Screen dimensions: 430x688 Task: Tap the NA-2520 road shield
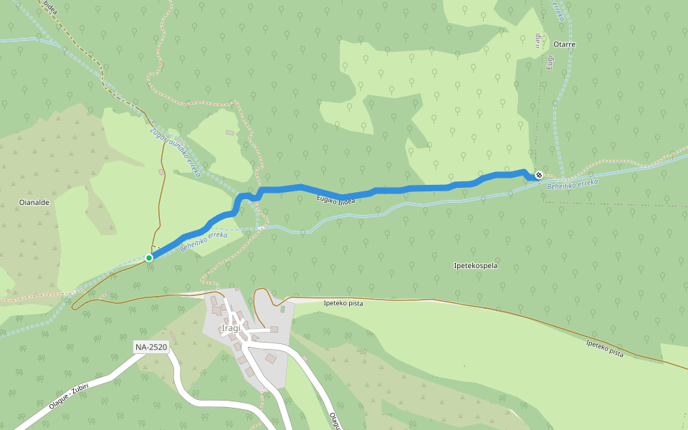(150, 348)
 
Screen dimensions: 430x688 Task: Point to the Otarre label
(564, 44)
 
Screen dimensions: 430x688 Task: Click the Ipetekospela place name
(476, 266)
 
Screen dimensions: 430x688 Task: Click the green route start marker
(149, 257)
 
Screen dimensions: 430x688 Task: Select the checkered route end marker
(538, 176)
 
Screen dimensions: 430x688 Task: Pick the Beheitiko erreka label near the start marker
(204, 241)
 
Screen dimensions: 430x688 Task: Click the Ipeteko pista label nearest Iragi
(343, 303)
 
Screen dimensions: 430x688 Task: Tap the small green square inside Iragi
(283, 310)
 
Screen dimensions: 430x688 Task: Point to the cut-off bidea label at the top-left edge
(50, 7)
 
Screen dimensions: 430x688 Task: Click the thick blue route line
(401, 189)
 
